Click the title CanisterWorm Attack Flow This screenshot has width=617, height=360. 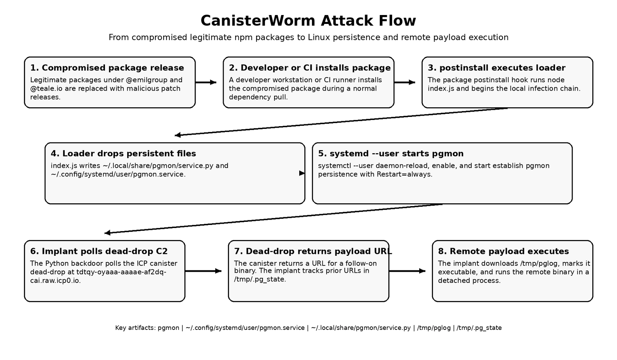[x=308, y=21]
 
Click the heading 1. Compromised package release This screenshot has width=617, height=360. [x=107, y=68]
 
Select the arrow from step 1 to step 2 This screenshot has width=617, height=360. [x=206, y=82]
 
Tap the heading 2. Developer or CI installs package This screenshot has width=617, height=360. [x=310, y=68]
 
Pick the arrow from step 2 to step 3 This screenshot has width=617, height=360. [x=404, y=82]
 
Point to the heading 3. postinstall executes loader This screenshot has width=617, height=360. [x=496, y=68]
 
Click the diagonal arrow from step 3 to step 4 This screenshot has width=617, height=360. [x=341, y=122]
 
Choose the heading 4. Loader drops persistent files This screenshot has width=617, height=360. [x=123, y=154]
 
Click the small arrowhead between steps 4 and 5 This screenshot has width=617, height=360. [x=302, y=173]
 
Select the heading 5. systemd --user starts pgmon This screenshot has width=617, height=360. [x=391, y=154]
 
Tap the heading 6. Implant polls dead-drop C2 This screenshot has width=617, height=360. [x=99, y=251]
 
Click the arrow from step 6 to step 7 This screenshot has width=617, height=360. [x=203, y=271]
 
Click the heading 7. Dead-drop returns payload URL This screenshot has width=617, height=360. [x=313, y=251]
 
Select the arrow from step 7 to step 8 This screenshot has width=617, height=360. [x=407, y=271]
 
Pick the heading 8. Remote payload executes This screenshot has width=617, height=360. [x=503, y=251]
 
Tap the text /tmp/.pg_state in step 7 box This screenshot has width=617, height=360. [x=260, y=279]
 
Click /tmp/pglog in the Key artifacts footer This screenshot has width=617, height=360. [x=434, y=328]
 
